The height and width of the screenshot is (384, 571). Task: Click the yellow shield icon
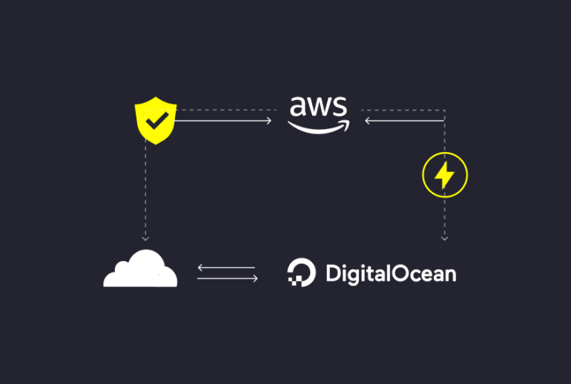point(156,121)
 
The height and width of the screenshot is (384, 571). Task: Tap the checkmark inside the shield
point(157,121)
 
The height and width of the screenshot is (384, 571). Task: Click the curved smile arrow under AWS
point(319,127)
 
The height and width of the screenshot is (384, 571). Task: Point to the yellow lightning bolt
point(444,175)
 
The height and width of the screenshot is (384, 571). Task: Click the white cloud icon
point(140,268)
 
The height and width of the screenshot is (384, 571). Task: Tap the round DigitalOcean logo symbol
point(302,272)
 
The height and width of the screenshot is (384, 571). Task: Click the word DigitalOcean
point(391,274)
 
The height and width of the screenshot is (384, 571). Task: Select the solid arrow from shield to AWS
point(223,121)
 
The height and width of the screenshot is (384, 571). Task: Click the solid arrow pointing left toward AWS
point(405,121)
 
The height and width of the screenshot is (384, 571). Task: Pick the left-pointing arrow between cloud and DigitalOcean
point(226,268)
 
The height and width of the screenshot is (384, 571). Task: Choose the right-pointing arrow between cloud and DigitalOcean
point(228,279)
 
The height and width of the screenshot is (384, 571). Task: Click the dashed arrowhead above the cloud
point(145,239)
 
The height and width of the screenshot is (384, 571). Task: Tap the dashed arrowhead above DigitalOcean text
point(444,239)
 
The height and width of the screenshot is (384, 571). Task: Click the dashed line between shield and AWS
point(226,110)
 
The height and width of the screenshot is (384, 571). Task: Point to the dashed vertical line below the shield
point(145,190)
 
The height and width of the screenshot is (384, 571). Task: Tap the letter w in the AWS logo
point(319,107)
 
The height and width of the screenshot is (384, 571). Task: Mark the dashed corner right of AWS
point(444,110)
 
